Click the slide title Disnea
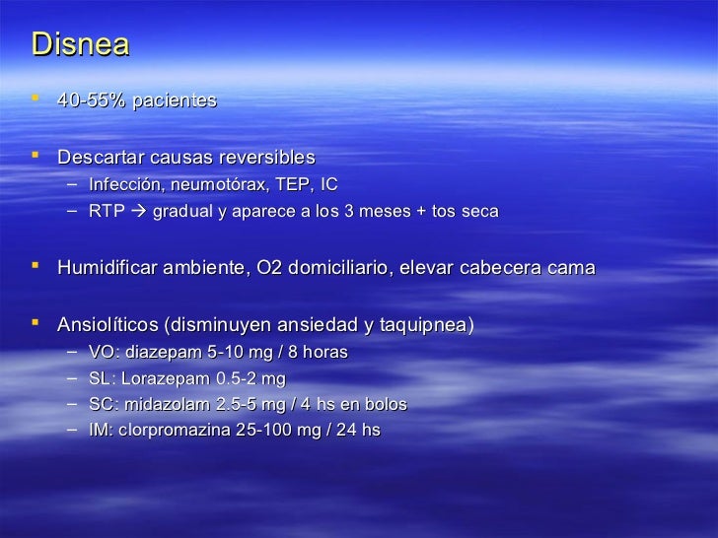(80, 45)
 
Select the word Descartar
(100, 158)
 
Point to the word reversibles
(267, 158)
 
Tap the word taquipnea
(423, 324)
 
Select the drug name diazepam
(156, 352)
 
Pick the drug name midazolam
(161, 405)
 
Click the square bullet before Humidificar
(37, 267)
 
